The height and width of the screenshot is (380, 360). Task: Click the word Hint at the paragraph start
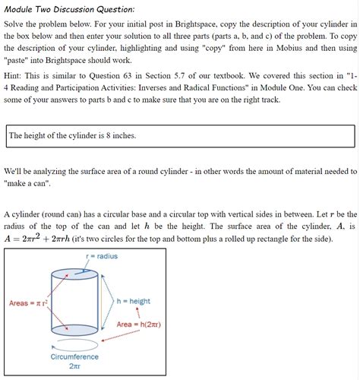(x=16, y=78)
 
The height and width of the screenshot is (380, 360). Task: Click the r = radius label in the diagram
(x=102, y=256)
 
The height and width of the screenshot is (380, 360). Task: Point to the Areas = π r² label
(x=28, y=303)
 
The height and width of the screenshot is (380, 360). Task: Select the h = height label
(x=134, y=302)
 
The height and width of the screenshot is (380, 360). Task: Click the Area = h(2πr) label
(x=138, y=325)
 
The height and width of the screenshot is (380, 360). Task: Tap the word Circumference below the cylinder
(x=75, y=356)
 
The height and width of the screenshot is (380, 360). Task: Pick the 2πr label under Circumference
(x=75, y=366)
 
